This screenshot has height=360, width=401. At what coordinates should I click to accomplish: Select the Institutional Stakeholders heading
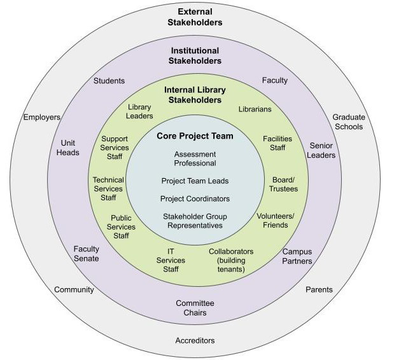pos(195,56)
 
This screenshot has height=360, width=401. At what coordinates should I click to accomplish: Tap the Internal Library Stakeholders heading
pos(195,95)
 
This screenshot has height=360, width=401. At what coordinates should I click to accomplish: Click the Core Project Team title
pos(195,136)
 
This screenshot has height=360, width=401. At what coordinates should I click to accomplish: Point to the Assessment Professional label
pos(195,158)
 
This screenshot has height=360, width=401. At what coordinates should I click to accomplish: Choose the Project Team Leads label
pos(195,181)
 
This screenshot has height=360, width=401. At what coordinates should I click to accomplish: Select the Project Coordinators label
pos(195,198)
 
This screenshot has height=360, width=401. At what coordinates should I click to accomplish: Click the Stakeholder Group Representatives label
pos(195,221)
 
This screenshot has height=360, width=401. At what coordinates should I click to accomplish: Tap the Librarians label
pos(255,109)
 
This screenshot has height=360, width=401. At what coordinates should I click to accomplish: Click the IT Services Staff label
pos(171,260)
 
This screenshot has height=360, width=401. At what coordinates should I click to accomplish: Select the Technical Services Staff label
pos(108,189)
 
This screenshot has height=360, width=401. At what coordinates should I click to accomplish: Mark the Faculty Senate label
pos(86,254)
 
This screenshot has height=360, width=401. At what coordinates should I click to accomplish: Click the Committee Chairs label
pos(195,308)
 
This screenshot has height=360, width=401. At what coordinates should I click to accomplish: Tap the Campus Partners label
pos(297,256)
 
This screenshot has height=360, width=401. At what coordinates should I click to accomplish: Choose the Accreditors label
pos(195,341)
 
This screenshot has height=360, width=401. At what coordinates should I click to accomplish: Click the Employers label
pos(42,118)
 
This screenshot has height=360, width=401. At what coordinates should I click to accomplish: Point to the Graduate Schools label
pos(349,121)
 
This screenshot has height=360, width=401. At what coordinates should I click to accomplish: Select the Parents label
pos(319,290)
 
